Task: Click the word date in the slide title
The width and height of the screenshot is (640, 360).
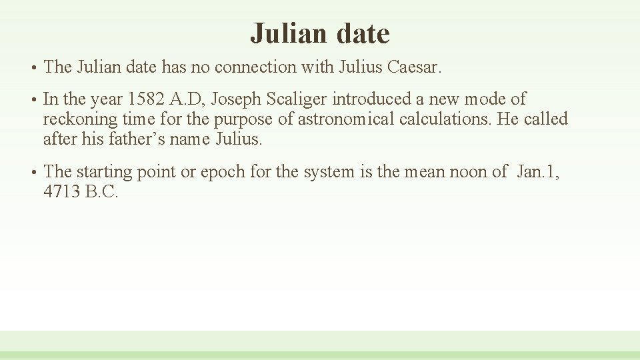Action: click(x=363, y=33)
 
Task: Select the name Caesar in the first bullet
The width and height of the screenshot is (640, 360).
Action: click(x=413, y=67)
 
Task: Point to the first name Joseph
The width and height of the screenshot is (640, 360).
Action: click(x=237, y=99)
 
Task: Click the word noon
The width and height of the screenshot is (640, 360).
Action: click(x=467, y=172)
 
